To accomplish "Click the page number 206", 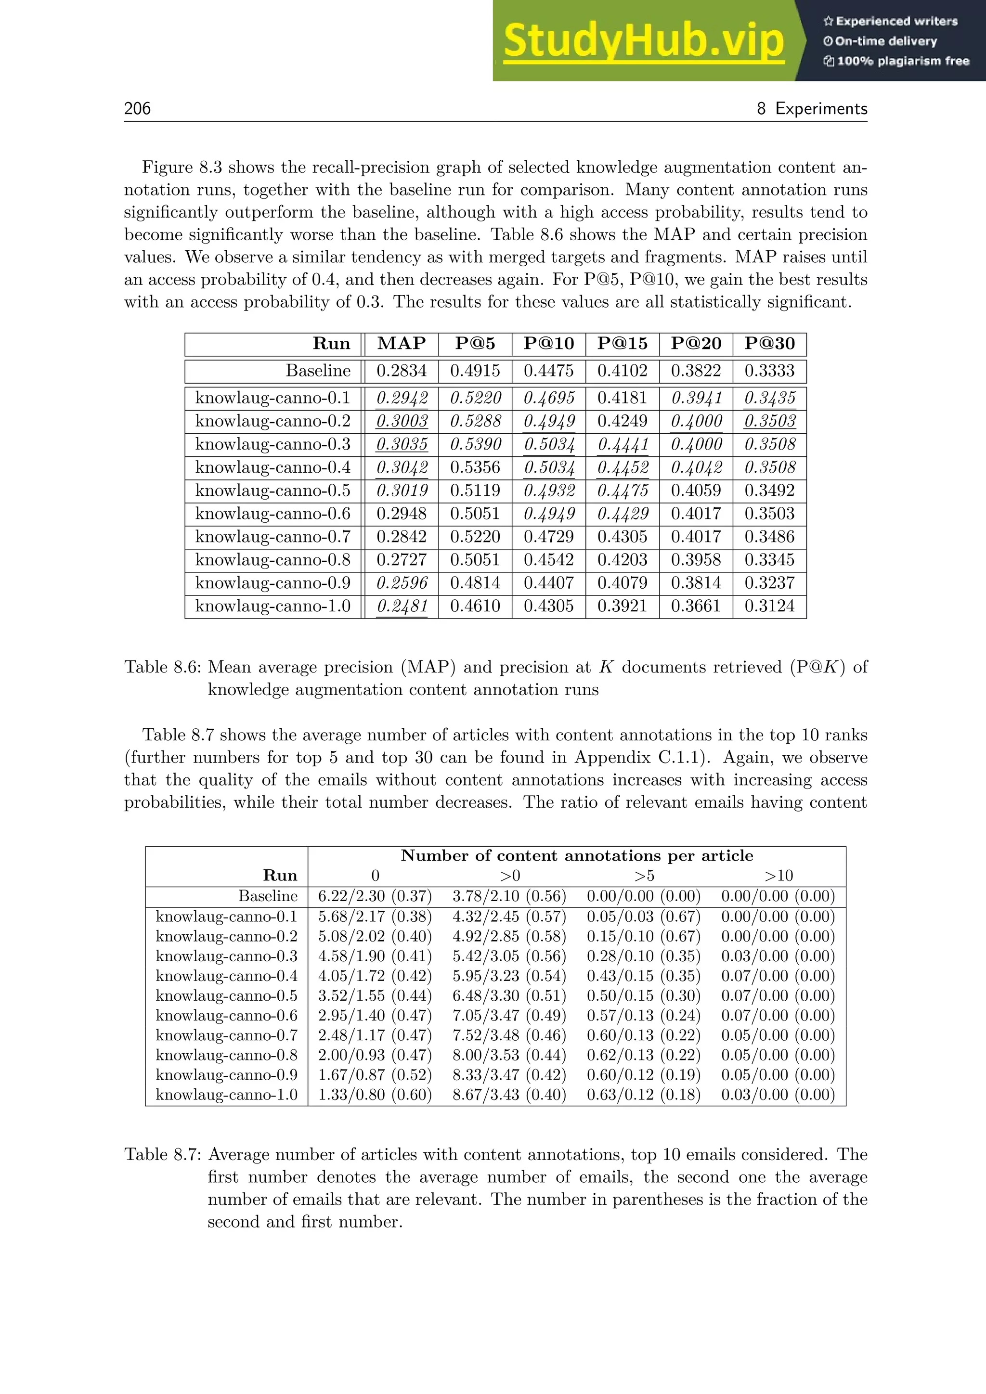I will (x=137, y=109).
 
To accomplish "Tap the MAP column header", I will (x=402, y=344).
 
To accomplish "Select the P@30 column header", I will (x=769, y=344).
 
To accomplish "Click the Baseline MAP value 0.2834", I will (x=402, y=371).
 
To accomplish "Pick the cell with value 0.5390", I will (x=475, y=444).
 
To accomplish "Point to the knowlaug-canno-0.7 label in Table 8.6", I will (x=272, y=537).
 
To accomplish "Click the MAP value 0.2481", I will (x=402, y=606).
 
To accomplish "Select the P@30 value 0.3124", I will (x=769, y=606).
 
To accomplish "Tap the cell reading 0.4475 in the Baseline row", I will (x=548, y=371).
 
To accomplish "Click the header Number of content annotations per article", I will (x=577, y=856).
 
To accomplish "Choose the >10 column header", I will (x=778, y=876).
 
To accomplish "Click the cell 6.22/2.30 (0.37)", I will (x=375, y=896).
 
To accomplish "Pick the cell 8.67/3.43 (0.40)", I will (x=509, y=1095).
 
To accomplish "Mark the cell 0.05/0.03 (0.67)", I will (x=643, y=916).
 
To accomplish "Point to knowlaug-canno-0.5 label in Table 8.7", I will (x=226, y=996).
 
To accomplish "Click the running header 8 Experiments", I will (x=812, y=109).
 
